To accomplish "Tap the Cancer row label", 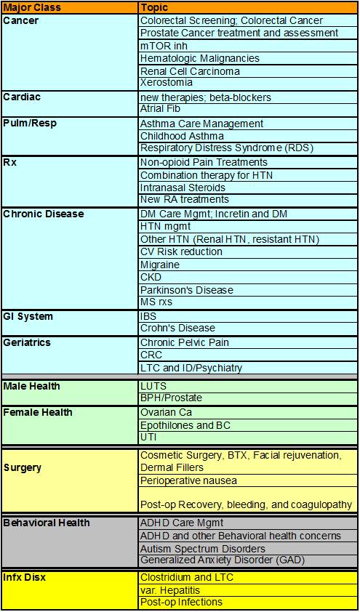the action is click(21, 20).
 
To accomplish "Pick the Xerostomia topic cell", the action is click(167, 83).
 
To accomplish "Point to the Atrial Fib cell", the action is click(162, 108).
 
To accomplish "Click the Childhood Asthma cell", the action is click(182, 136).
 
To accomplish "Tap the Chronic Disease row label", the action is click(43, 214).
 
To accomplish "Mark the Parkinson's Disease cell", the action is click(187, 290).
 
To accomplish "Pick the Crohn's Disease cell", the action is click(178, 328).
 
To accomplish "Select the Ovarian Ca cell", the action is click(165, 412).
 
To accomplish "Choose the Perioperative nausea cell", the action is click(188, 480).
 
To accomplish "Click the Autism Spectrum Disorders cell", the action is click(202, 549).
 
